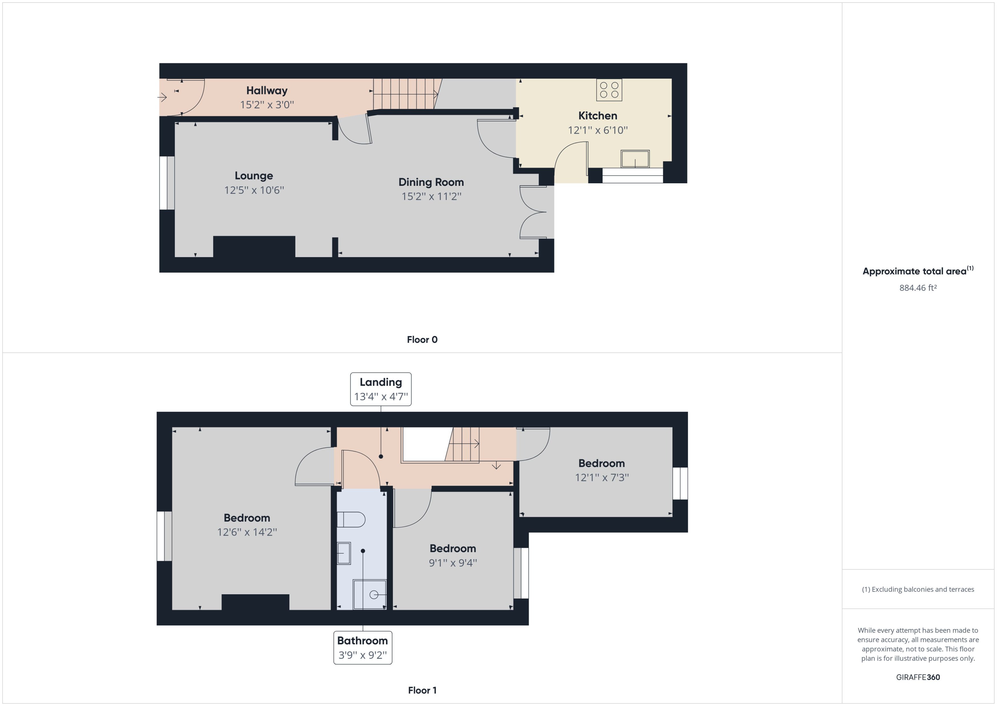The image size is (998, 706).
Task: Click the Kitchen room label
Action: click(x=597, y=116)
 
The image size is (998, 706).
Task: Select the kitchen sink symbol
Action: click(x=635, y=159)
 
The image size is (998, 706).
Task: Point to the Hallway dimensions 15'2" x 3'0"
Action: click(x=267, y=105)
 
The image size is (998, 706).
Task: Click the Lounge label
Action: click(x=254, y=176)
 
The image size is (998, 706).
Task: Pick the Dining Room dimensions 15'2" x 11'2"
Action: click(x=431, y=196)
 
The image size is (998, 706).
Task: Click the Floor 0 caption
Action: click(x=422, y=339)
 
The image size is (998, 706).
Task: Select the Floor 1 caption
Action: click(x=422, y=690)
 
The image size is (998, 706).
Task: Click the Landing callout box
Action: click(x=380, y=389)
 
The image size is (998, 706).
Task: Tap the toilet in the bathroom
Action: click(x=351, y=520)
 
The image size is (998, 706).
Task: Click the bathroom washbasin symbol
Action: click(x=344, y=553)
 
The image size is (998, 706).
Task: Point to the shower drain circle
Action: click(x=374, y=595)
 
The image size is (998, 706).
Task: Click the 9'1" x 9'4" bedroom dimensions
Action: click(x=453, y=563)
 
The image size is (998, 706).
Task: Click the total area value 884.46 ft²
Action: click(x=918, y=288)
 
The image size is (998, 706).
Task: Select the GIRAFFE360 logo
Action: click(x=918, y=677)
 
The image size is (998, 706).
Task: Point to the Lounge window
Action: click(x=167, y=183)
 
